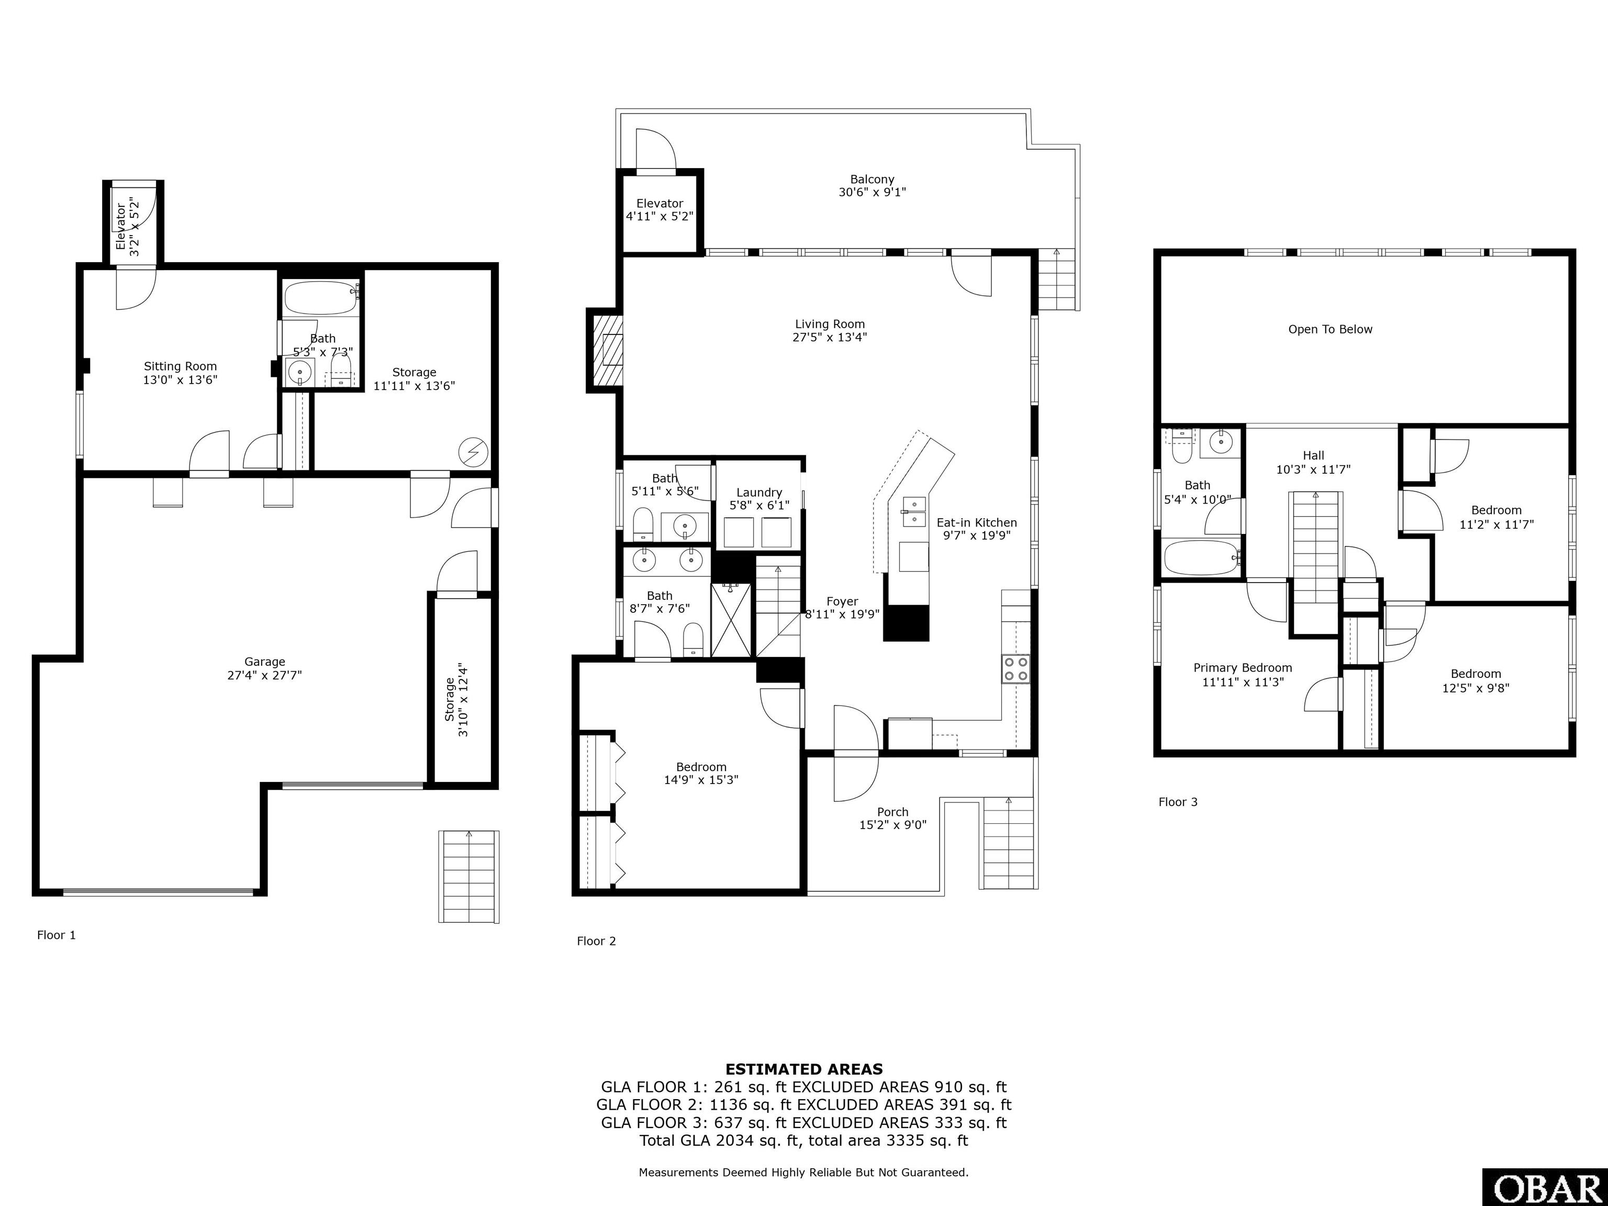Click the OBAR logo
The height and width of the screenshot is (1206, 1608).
pyautogui.click(x=1545, y=1187)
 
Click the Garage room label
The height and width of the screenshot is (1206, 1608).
pyautogui.click(x=265, y=662)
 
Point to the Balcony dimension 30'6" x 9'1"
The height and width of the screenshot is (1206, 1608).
pyautogui.click(x=873, y=192)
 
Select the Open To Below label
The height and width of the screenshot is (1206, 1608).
pyautogui.click(x=1330, y=329)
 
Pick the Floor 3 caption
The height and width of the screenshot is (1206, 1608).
pyautogui.click(x=1178, y=802)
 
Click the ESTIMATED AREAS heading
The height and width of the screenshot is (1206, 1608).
pyautogui.click(x=804, y=1069)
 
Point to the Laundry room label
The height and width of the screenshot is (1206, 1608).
pyautogui.click(x=759, y=492)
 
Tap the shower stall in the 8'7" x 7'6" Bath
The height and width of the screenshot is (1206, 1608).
pyautogui.click(x=733, y=619)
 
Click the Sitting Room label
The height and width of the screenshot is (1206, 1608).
pyautogui.click(x=180, y=366)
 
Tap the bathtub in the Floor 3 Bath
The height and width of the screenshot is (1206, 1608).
pyautogui.click(x=1201, y=557)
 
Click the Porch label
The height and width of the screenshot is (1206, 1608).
pyautogui.click(x=892, y=812)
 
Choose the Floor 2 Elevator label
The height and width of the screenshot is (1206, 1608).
pyautogui.click(x=660, y=204)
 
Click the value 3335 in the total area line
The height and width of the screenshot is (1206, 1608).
pyautogui.click(x=905, y=1140)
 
